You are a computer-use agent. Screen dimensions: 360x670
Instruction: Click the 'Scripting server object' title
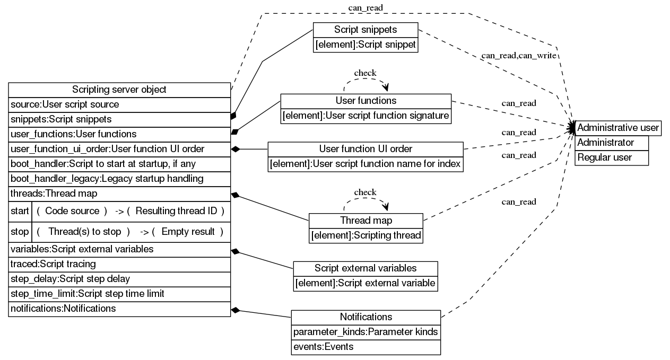(x=119, y=90)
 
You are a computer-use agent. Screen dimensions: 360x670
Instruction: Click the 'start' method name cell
(x=20, y=211)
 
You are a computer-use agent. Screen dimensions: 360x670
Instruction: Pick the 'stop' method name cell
(x=20, y=232)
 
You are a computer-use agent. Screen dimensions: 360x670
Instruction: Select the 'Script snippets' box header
(x=366, y=30)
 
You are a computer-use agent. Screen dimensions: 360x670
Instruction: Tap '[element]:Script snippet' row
(x=366, y=45)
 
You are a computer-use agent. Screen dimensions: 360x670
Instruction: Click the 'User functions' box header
(x=366, y=101)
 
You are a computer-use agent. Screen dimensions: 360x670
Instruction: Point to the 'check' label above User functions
(x=365, y=73)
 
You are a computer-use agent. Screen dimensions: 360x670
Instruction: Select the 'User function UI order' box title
(x=366, y=148)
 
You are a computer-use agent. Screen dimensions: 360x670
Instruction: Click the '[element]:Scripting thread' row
(x=366, y=235)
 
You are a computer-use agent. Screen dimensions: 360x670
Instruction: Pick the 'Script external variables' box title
(x=366, y=268)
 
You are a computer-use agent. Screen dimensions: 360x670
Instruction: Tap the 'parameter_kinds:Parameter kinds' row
(x=366, y=332)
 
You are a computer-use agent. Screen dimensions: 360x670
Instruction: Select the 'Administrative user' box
(x=618, y=128)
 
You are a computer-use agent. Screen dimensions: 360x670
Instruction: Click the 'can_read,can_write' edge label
(x=518, y=55)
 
